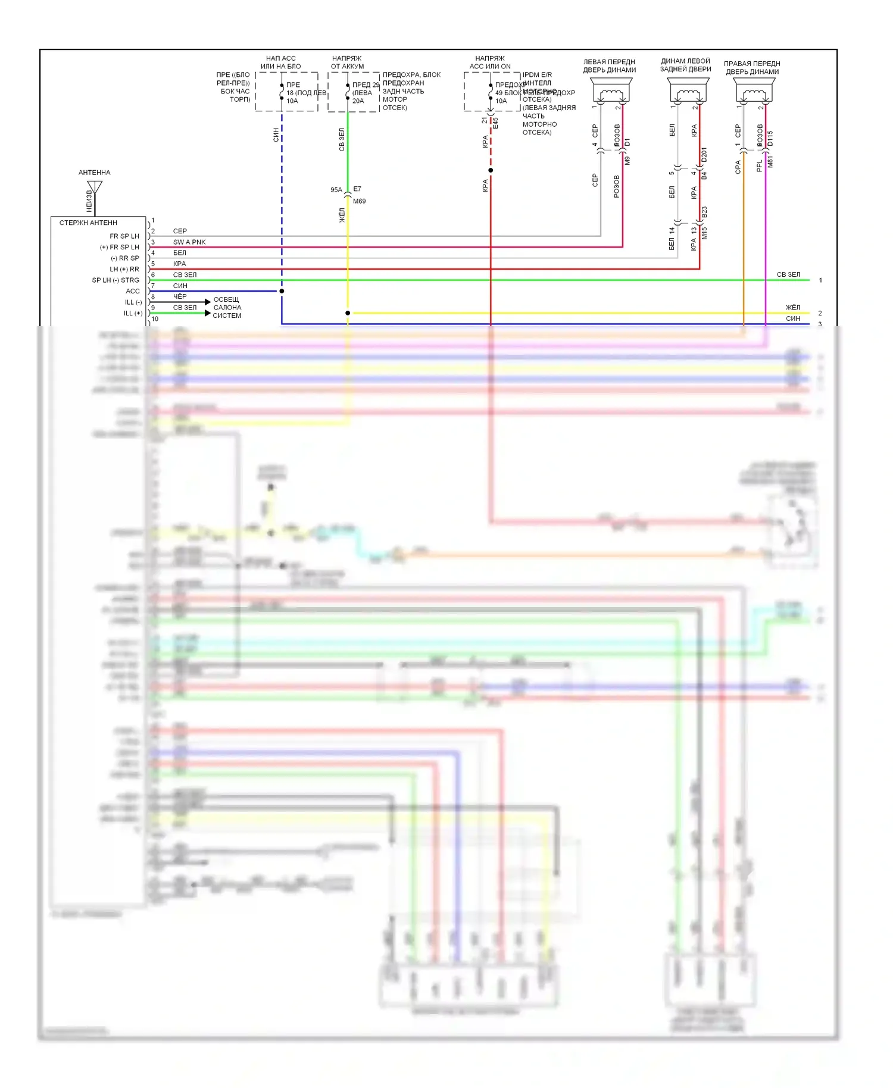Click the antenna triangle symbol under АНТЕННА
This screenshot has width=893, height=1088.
(x=95, y=186)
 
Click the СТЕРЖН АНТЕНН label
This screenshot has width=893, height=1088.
(x=88, y=223)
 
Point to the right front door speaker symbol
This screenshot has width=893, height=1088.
(x=755, y=93)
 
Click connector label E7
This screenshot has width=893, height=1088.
(x=357, y=189)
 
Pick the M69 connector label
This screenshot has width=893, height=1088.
(x=359, y=201)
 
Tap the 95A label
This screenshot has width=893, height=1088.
(x=336, y=190)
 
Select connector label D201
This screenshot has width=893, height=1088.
(x=704, y=155)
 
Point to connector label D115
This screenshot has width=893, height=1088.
(x=770, y=139)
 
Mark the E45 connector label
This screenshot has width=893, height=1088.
(x=495, y=123)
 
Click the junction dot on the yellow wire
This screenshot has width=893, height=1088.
(x=348, y=313)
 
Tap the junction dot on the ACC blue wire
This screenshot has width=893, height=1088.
(x=282, y=291)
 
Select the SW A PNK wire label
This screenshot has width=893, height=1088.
(x=189, y=242)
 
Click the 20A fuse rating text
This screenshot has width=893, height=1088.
(x=358, y=101)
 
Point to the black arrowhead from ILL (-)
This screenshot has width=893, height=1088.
(x=207, y=302)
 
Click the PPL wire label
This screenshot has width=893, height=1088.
(x=759, y=165)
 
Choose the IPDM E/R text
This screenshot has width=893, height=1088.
(x=537, y=75)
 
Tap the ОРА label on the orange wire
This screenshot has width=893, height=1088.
(x=738, y=167)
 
